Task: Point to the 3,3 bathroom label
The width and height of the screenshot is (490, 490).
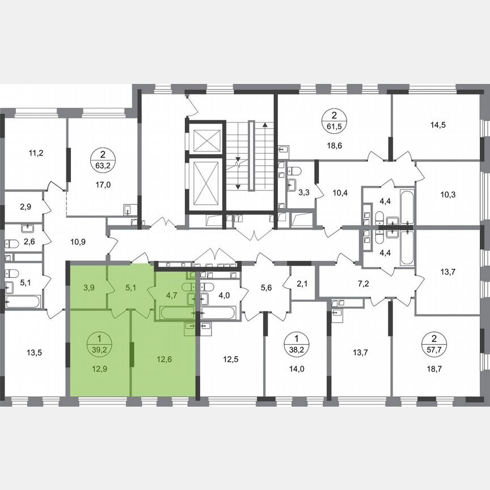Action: coord(304,193)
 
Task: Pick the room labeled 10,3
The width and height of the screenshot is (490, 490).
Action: coord(447,195)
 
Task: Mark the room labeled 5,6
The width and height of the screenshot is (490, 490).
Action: coord(267,287)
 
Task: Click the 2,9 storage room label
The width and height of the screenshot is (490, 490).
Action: coord(26,206)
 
